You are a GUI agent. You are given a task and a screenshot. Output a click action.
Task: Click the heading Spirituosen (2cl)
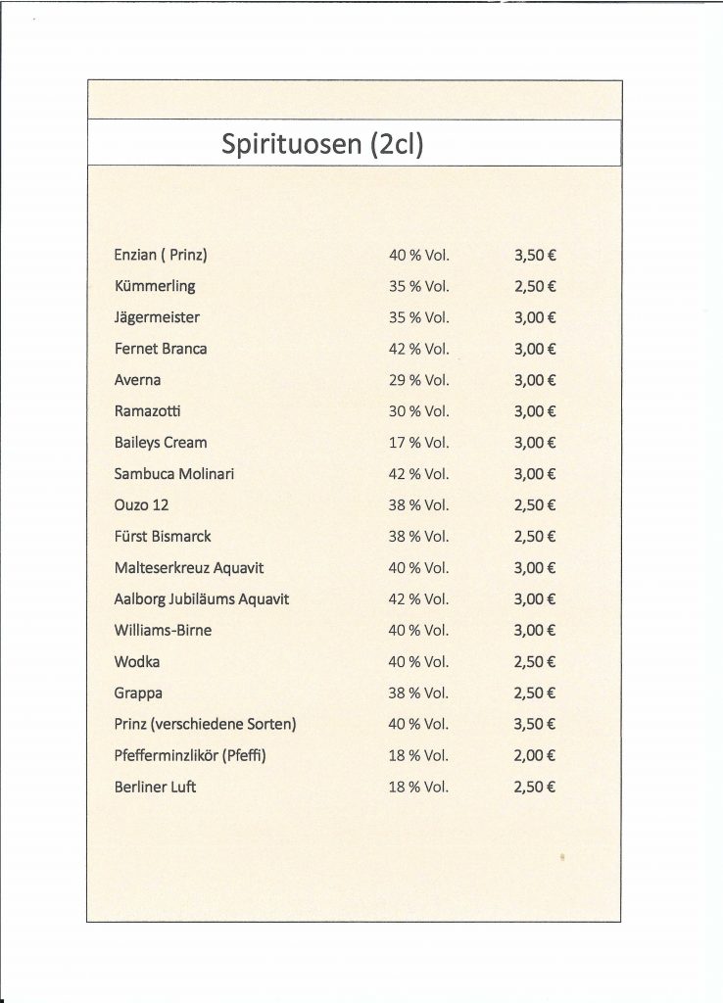322,144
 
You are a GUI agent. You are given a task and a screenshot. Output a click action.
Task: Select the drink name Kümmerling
155,286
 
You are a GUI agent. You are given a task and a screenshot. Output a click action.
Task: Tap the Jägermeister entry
157,317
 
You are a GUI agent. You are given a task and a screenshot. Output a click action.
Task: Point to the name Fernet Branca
161,349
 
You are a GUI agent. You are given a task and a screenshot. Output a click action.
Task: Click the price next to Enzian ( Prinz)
535,255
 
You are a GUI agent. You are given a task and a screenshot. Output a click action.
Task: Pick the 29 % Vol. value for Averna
418,380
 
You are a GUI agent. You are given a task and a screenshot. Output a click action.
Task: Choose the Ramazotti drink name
148,411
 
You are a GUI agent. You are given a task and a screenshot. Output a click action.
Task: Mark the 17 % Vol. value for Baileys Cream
418,443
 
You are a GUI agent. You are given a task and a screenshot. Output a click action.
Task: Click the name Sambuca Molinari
174,474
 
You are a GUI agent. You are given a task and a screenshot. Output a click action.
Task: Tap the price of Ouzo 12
535,505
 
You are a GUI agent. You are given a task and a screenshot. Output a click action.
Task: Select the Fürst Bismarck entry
163,537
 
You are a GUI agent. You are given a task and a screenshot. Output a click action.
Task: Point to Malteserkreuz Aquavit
189,568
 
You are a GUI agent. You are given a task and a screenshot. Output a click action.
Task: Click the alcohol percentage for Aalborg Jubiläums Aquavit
418,599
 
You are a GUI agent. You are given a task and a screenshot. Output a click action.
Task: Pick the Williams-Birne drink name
163,631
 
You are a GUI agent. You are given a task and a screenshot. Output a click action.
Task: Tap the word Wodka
137,662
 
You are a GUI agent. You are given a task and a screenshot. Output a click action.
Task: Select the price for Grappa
535,693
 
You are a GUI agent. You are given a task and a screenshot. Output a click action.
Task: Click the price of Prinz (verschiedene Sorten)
535,725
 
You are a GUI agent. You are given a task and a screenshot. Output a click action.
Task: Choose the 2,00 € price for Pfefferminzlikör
535,755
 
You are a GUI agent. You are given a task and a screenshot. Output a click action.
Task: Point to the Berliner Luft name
155,787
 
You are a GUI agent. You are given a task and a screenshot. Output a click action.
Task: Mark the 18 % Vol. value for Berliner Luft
418,787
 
